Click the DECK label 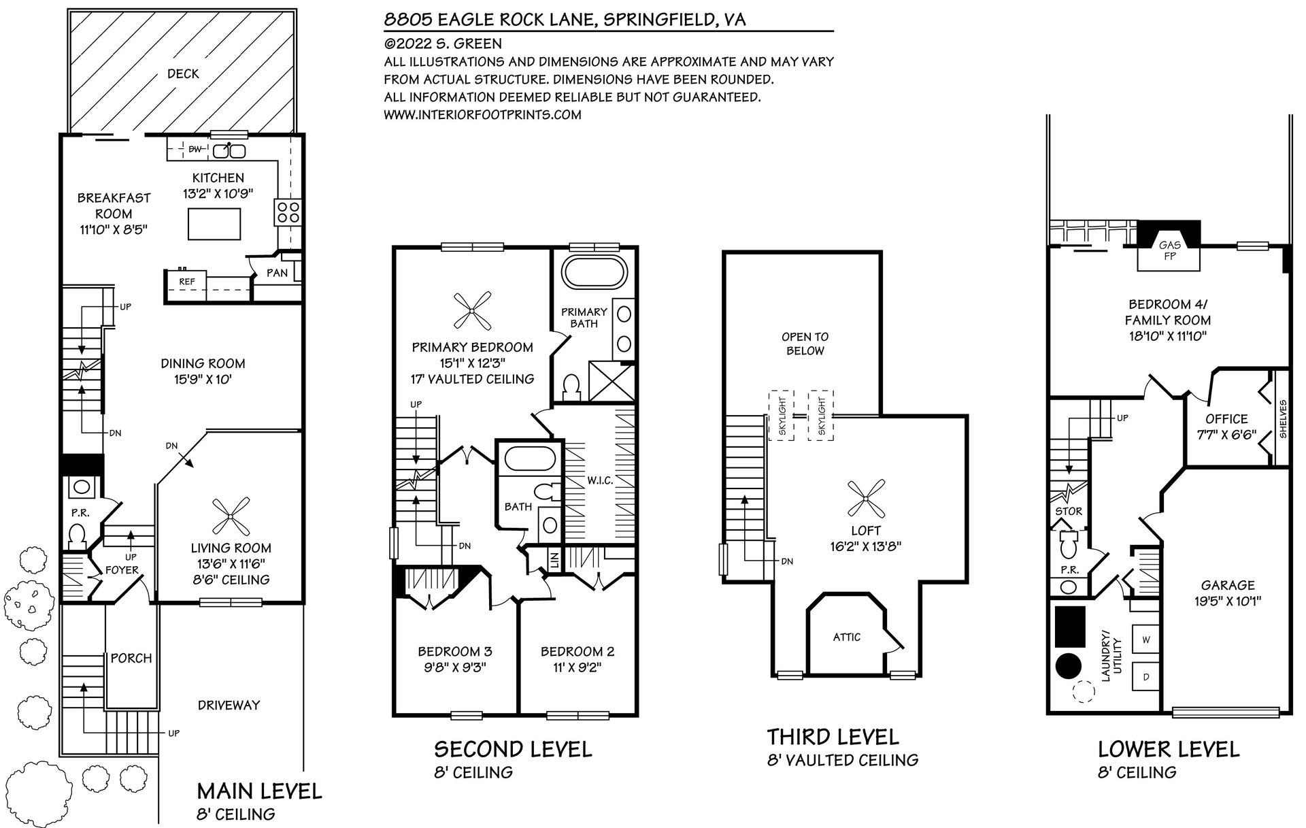pos(183,73)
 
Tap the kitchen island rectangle pos(214,224)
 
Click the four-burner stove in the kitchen pos(287,212)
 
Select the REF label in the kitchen pos(187,282)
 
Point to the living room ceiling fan pos(230,517)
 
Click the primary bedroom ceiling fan pos(472,310)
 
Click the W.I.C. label pos(600,480)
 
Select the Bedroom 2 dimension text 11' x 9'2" pos(577,667)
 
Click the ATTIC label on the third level pos(847,637)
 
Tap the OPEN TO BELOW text pos(805,344)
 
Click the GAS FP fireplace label pos(1169,250)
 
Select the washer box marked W pos(1145,640)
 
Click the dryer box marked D pos(1145,676)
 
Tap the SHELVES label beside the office pos(1283,418)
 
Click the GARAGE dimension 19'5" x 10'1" pos(1228,601)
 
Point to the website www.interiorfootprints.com pos(482,115)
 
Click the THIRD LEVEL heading pos(833,737)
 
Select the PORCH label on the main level pos(131,658)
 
